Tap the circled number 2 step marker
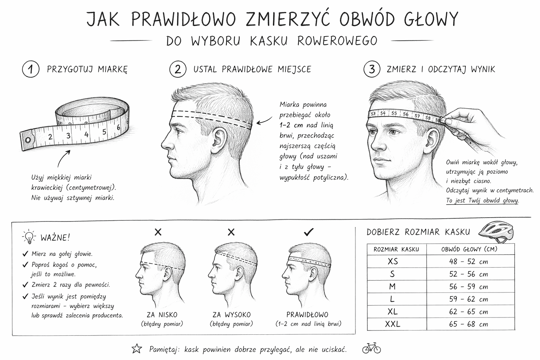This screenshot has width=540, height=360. coord(178,69)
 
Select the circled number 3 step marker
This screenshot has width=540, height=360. coord(372,69)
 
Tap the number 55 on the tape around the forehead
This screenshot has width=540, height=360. coord(394,113)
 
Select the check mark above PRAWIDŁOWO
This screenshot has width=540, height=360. coord(308,232)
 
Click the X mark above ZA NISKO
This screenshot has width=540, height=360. coord(158,232)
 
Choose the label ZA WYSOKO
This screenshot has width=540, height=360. coord(231,315)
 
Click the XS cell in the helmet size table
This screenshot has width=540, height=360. coord(393,262)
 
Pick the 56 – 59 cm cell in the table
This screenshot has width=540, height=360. coord(469,287)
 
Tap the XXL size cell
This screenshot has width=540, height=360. coord(393,324)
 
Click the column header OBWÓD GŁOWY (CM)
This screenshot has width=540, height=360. coord(469,249)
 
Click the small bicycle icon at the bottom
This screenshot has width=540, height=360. coord(371,348)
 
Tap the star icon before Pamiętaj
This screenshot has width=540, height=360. coord(136,349)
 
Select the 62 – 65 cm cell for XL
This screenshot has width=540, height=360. coord(469,312)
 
